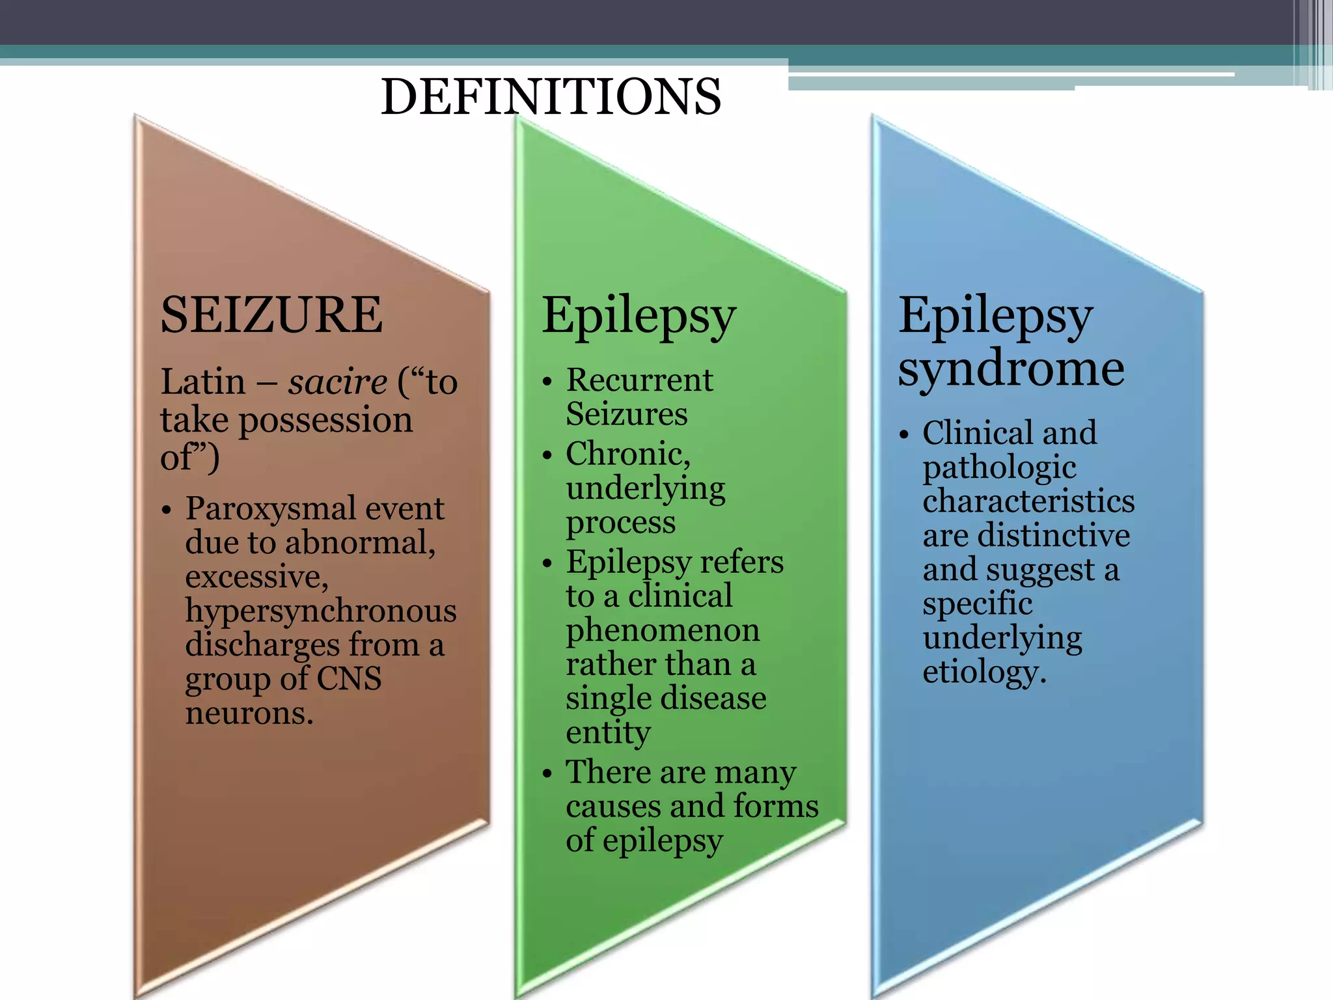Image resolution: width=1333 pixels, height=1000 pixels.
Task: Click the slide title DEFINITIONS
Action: coord(551,96)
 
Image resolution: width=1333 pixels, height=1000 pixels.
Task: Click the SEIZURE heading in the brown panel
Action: coord(271,315)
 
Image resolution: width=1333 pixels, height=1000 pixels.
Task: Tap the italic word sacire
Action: coord(338,382)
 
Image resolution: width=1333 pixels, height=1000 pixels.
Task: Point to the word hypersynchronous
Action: coord(321,611)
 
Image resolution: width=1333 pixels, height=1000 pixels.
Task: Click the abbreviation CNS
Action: coord(349,678)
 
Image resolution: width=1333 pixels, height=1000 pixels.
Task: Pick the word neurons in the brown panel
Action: coord(249,714)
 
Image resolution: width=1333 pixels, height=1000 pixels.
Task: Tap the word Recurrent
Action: coord(639,380)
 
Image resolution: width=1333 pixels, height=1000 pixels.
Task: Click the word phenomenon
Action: coord(663,630)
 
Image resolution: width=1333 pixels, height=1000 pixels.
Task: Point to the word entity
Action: coord(608,732)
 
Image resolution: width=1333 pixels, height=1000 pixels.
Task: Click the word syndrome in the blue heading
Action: coord(1011,369)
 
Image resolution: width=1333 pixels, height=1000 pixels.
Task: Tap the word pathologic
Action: coord(999,467)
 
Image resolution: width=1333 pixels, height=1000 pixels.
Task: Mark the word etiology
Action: coord(983,672)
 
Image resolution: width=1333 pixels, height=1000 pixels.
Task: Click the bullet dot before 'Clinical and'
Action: coord(903,435)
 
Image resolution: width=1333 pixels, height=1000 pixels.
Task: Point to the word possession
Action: coord(326,420)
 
